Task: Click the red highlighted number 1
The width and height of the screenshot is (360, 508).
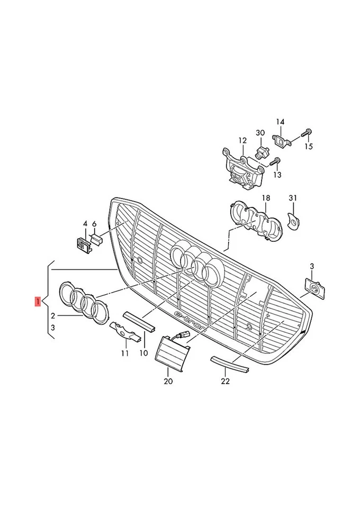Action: point(37,302)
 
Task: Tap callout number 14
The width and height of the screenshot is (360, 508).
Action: point(280,122)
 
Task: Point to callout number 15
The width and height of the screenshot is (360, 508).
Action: point(309,147)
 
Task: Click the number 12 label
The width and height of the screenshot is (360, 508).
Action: point(242,141)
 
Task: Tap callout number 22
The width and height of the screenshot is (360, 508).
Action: point(225,380)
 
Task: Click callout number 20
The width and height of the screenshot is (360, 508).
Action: point(168,381)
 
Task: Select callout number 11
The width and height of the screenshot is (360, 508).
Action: point(124,353)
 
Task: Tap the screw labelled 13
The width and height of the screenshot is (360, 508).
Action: point(276,160)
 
